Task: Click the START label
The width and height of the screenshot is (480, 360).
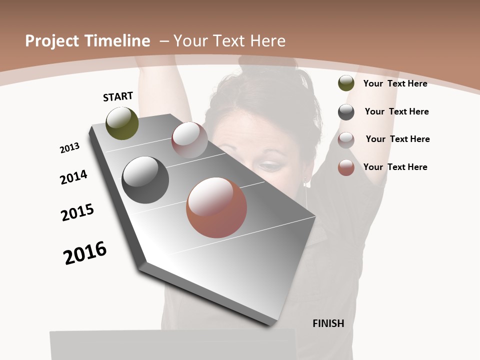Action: coord(118,96)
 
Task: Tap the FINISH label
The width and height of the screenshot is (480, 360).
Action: coord(328,323)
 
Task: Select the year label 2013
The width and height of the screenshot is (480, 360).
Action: coord(69,148)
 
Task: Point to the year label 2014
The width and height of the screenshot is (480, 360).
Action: coord(74,177)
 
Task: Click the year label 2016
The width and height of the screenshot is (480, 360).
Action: coord(85,252)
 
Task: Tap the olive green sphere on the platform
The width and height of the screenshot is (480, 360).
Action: coord(122,123)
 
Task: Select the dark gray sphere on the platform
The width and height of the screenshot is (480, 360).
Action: coord(145,180)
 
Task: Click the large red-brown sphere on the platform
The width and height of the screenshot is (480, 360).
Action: coord(216,207)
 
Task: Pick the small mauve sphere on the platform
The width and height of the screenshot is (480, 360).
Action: coord(189,140)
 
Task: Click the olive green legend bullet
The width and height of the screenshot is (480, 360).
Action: coord(346,83)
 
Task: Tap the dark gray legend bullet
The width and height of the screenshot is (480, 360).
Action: coord(346,112)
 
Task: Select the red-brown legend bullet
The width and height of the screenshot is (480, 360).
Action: coord(346,167)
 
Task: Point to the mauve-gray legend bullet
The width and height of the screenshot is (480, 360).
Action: coord(346,140)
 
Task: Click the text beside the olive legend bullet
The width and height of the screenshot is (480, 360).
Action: coord(395,83)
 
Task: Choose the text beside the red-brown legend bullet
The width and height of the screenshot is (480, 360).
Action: coord(395,167)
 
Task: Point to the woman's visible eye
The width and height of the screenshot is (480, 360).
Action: coord(270,164)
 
